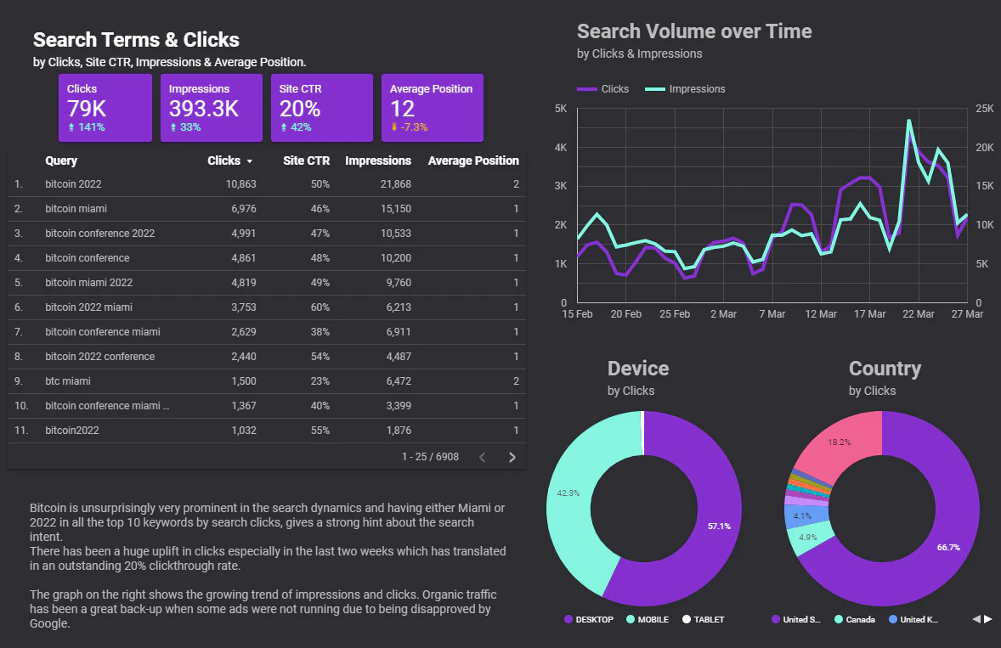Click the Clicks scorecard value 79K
pyautogui.click(x=87, y=109)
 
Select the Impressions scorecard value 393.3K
pyautogui.click(x=204, y=109)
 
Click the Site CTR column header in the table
pyautogui.click(x=307, y=161)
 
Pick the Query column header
pyautogui.click(x=61, y=161)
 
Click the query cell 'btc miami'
pyautogui.click(x=68, y=380)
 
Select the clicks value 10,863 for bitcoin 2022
pyautogui.click(x=240, y=183)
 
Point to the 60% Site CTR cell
pyautogui.click(x=320, y=307)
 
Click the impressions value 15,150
pyautogui.click(x=396, y=209)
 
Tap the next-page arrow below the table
pyautogui.click(x=512, y=457)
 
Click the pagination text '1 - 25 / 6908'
pyautogui.click(x=430, y=457)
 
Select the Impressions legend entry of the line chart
pyautogui.click(x=685, y=88)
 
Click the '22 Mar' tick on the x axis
pyautogui.click(x=918, y=313)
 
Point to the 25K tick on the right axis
pyautogui.click(x=984, y=109)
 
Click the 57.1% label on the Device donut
pyautogui.click(x=719, y=527)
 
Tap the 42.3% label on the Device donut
pyautogui.click(x=568, y=493)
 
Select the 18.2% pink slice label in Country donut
pyautogui.click(x=839, y=442)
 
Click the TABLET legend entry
pyautogui.click(x=703, y=619)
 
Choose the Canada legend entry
pyautogui.click(x=855, y=619)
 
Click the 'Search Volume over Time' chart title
pyautogui.click(x=694, y=31)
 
